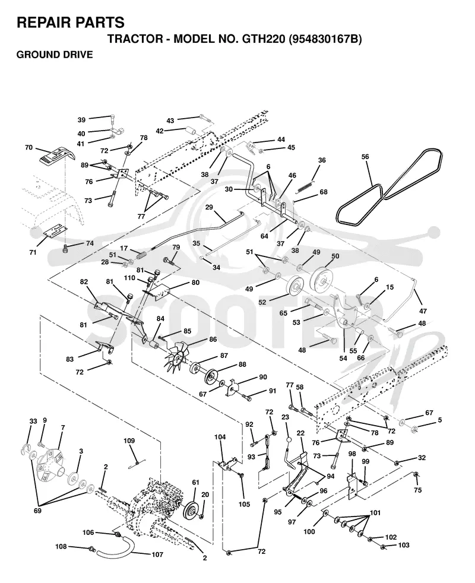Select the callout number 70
28,148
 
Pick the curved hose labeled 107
116,548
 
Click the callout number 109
129,441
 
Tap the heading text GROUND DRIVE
55,55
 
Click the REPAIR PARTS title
71,23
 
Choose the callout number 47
423,311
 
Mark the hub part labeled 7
50,461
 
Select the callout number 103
404,545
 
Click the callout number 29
209,207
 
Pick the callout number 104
220,437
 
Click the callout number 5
440,420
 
